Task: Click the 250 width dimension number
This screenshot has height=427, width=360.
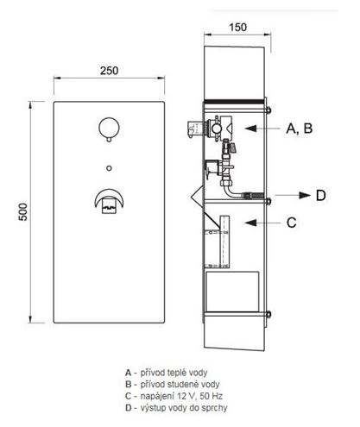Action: [109, 71]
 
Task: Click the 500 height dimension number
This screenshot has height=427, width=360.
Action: [23, 212]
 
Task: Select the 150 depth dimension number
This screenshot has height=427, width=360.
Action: [237, 28]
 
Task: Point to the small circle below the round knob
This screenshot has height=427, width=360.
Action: [109, 168]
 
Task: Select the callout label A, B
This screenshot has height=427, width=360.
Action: [300, 129]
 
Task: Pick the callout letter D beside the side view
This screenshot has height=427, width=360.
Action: [320, 196]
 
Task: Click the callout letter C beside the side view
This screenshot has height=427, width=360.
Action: [291, 223]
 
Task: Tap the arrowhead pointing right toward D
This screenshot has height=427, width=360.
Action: [305, 196]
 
